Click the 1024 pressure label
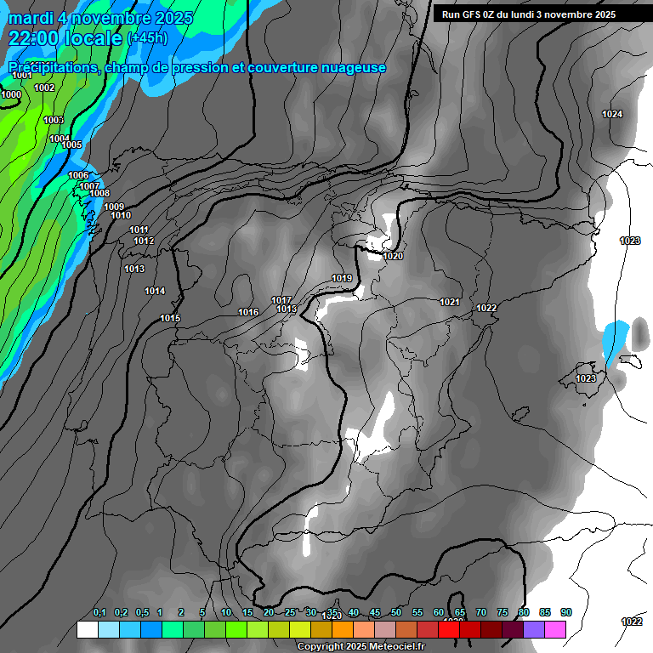[612, 114]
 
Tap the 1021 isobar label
[450, 302]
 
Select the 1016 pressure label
[248, 312]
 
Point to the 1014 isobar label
[155, 291]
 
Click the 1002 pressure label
[44, 88]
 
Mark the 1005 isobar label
[71, 145]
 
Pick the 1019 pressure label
[342, 278]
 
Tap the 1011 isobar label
[139, 230]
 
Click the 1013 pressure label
[134, 269]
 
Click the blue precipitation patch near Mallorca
[614, 343]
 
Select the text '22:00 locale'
[65, 37]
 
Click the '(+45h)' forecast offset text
[147, 38]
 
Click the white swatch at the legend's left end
[87, 629]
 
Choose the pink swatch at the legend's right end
[555, 629]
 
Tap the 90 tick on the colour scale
[566, 612]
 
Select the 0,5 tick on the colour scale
[142, 612]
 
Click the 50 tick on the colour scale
[396, 612]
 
